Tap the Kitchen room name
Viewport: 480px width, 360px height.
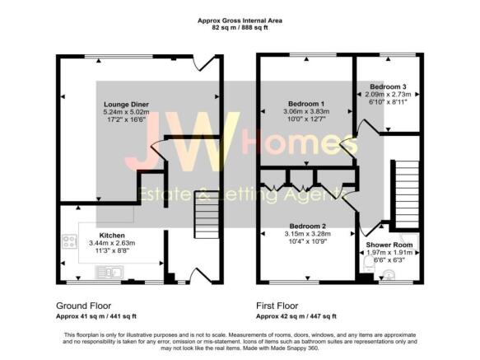tap(112, 235)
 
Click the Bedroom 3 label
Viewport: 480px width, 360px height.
tap(388, 86)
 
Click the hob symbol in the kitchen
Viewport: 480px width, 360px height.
tap(68, 243)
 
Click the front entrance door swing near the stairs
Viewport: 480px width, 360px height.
tap(198, 274)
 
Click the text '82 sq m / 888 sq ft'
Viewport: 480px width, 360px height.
tap(240, 27)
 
